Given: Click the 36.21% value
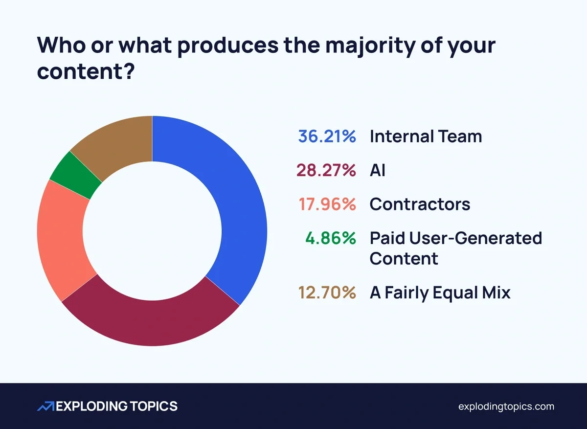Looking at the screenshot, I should (x=326, y=136).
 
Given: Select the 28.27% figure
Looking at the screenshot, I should (x=326, y=171).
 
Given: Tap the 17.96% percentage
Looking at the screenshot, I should (x=326, y=204).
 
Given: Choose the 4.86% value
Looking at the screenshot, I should (x=331, y=238).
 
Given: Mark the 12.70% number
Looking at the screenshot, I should (x=326, y=293).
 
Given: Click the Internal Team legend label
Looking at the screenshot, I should (x=426, y=136).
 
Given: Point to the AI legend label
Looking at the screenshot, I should (x=377, y=171).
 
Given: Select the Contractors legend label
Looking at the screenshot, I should (x=420, y=204).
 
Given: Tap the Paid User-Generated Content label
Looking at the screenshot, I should (x=455, y=248).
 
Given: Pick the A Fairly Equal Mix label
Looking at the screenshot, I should (x=440, y=293).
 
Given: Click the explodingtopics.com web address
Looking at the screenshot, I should (x=506, y=406).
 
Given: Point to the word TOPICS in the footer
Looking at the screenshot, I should (x=152, y=406).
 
